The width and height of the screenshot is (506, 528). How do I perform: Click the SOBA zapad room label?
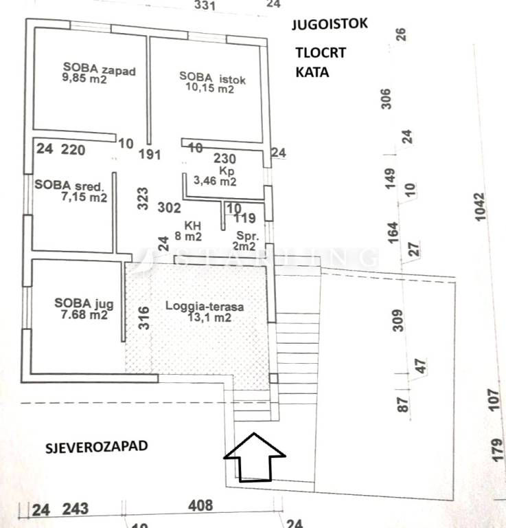99,69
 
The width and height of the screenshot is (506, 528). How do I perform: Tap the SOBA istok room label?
212,78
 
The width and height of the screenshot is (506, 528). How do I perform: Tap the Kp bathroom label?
226,170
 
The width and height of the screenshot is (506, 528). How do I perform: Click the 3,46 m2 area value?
216,181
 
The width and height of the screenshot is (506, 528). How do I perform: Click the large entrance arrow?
254,457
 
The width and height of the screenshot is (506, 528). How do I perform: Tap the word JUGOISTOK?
330,23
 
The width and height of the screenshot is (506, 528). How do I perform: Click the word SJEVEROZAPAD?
97,445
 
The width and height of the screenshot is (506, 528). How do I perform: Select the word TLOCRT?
321,53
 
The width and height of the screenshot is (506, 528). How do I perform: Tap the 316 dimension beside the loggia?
145,318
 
